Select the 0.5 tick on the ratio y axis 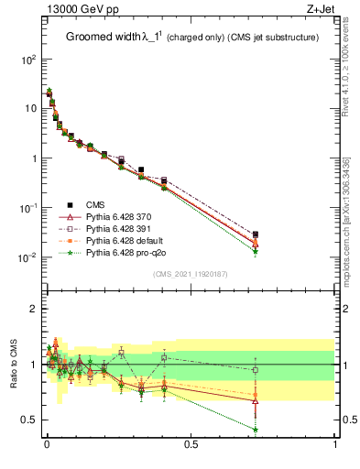pos(29,420)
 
